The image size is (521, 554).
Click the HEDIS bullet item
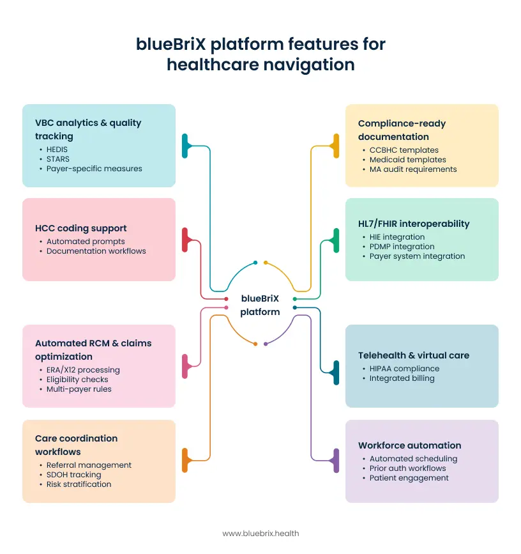pyautogui.click(x=57, y=149)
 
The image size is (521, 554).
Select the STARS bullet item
pyautogui.click(x=57, y=158)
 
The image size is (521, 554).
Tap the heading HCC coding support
pyautogui.click(x=80, y=228)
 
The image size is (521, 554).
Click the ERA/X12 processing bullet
pyautogui.click(x=83, y=369)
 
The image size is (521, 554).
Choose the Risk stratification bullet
pyautogui.click(x=79, y=484)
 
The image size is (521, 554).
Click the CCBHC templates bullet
pyautogui.click(x=404, y=150)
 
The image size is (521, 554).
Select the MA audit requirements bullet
pyautogui.click(x=413, y=169)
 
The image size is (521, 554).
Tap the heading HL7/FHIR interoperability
pyautogui.click(x=413, y=224)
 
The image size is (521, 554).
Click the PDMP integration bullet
pyautogui.click(x=402, y=246)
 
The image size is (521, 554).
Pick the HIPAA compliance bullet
pyautogui.click(x=404, y=368)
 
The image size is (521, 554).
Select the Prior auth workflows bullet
pyautogui.click(x=407, y=468)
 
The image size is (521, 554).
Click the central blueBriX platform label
pyautogui.click(x=260, y=305)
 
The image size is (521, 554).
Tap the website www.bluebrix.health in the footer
pyautogui.click(x=260, y=533)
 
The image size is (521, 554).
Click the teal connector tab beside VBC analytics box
pyautogui.click(x=185, y=146)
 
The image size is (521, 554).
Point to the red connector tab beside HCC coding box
pyautogui.click(x=185, y=240)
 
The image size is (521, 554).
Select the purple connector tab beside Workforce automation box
pyautogui.click(x=336, y=460)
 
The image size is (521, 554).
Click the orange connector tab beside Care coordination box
pyautogui.click(x=185, y=460)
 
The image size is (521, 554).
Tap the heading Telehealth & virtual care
pyautogui.click(x=413, y=355)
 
